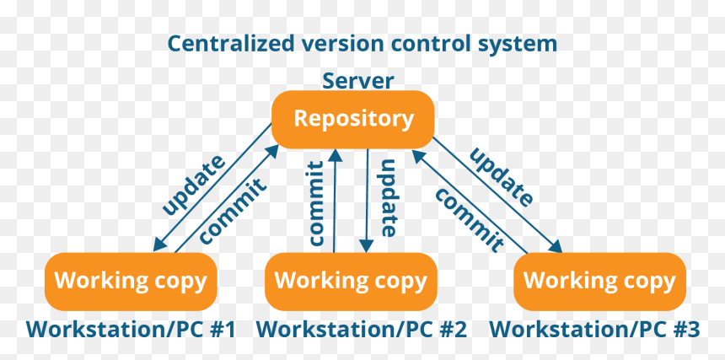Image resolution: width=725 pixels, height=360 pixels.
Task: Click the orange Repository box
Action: [352, 119]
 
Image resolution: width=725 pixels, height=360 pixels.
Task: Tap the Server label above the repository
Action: [358, 81]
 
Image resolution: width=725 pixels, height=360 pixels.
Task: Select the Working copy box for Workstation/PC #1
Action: [131, 281]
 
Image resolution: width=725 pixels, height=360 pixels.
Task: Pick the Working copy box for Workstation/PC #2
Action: [351, 281]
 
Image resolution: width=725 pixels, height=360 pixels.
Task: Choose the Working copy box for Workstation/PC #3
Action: [599, 281]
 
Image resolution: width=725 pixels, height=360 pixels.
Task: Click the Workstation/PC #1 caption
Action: [131, 329]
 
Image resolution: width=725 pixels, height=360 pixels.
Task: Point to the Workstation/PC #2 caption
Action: [362, 329]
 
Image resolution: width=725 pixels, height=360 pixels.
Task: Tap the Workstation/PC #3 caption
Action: [594, 329]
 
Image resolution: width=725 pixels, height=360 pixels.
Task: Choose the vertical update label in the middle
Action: [388, 197]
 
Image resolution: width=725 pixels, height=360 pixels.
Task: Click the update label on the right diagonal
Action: [502, 177]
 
